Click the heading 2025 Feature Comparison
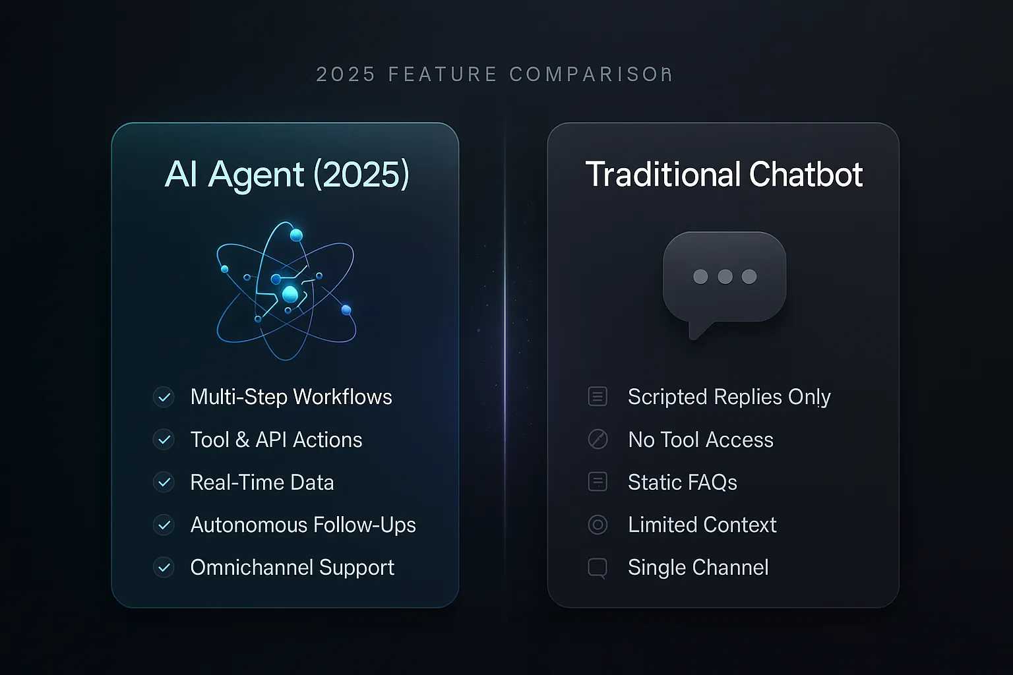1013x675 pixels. click(x=494, y=74)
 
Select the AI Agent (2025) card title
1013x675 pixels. click(x=287, y=175)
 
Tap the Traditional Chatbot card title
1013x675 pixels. click(x=723, y=175)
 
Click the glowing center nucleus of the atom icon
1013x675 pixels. click(x=290, y=294)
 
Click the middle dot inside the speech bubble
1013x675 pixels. click(x=725, y=277)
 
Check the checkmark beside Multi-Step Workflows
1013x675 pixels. click(x=164, y=397)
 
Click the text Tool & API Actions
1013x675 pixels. click(x=276, y=440)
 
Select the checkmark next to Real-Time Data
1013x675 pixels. click(x=164, y=483)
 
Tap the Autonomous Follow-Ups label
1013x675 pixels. click(x=303, y=525)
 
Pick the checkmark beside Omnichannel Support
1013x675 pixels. click(x=164, y=568)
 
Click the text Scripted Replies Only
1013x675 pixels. click(x=729, y=397)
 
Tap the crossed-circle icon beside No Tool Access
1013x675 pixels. click(x=598, y=440)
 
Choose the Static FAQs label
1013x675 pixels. click(x=682, y=483)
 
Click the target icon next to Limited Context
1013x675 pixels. click(x=598, y=525)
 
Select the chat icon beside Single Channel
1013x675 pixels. click(x=598, y=568)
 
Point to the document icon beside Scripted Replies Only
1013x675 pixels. click(x=598, y=397)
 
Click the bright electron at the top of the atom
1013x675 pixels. click(x=296, y=235)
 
